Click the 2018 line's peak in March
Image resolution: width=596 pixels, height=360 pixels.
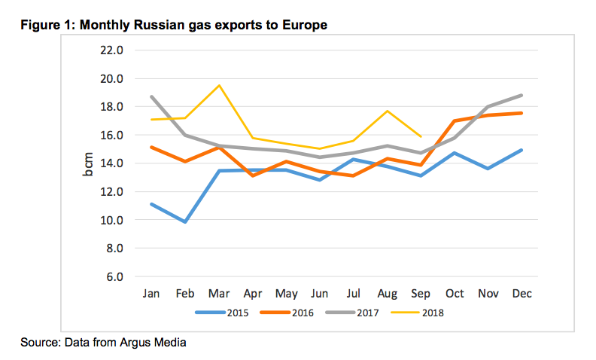pyautogui.click(x=219, y=85)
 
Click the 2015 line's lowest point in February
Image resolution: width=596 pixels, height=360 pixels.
pyautogui.click(x=185, y=222)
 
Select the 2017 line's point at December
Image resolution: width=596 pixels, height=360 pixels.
pyautogui.click(x=521, y=96)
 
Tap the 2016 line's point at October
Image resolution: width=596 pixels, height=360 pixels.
pyautogui.click(x=454, y=121)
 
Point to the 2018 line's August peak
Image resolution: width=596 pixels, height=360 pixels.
pyautogui.click(x=387, y=111)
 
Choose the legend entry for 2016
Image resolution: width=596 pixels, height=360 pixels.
pyautogui.click(x=289, y=312)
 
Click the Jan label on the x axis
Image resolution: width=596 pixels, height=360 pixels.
pyautogui.click(x=152, y=292)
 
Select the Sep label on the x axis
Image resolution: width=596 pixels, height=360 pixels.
pyautogui.click(x=420, y=292)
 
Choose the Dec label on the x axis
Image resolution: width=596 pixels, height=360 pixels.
pyautogui.click(x=521, y=292)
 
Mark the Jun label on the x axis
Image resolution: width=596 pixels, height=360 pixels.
pyautogui.click(x=320, y=292)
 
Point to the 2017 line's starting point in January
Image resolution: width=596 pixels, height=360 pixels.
pyautogui.click(x=152, y=96)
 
